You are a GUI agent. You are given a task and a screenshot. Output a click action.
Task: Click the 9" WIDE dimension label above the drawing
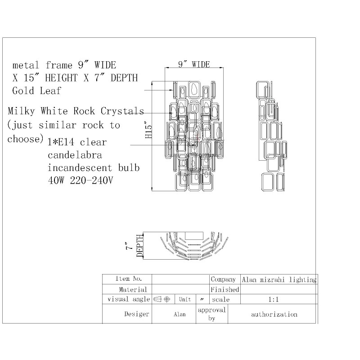pos(194,64)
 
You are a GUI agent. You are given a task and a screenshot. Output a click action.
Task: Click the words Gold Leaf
pos(36,90)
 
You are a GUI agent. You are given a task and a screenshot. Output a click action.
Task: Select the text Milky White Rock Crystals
pos(76,111)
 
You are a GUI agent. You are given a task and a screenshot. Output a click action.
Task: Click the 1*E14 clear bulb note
pos(77,142)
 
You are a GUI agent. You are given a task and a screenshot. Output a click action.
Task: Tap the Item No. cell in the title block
pos(129,279)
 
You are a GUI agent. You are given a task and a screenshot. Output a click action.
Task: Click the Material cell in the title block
pos(133,290)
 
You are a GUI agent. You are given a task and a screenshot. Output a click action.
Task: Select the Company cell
pos(223,279)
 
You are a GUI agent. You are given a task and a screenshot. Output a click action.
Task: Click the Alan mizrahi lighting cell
pos(279,279)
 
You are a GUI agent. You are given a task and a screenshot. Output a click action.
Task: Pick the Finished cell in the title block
pos(225,290)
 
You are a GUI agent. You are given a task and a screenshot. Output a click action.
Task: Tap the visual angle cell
pos(128,299)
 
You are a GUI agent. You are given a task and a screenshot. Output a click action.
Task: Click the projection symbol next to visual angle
pos(162,299)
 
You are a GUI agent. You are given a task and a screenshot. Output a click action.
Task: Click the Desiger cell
pos(136,314)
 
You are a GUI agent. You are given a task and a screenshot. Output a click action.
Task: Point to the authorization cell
pos(274,314)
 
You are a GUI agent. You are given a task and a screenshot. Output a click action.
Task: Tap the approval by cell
pos(211,314)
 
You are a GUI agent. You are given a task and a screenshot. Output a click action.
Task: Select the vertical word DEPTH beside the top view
pos(139,246)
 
